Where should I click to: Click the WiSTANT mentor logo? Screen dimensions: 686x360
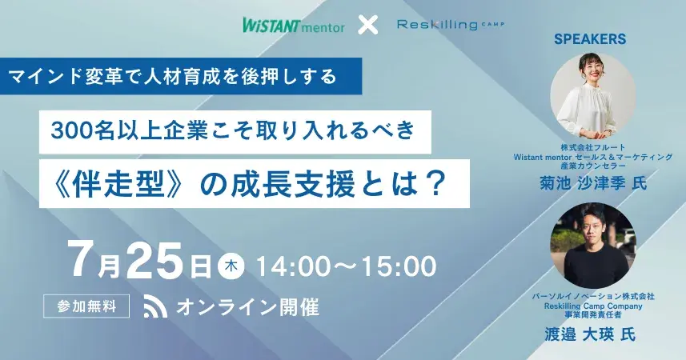294,25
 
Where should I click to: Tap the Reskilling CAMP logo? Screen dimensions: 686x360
450,24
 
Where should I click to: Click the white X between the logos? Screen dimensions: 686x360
368,25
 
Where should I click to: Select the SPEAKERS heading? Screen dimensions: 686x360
590,39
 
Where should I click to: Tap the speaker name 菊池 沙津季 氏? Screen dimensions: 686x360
593,182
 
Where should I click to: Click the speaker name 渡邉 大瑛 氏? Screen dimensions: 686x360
589,334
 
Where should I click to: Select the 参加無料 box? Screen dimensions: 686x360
86,306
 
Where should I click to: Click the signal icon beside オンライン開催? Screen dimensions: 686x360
155,306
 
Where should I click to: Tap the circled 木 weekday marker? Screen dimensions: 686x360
231,266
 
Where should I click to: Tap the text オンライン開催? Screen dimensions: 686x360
247,306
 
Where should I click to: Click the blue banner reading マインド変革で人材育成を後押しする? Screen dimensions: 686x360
181,76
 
